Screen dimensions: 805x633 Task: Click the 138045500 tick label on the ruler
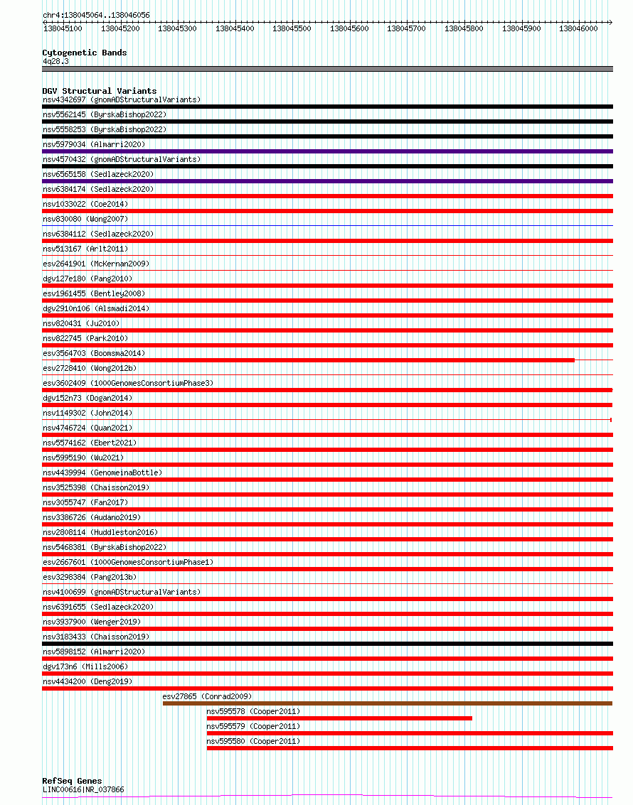(x=292, y=28)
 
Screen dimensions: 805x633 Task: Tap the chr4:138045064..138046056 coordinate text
(x=96, y=15)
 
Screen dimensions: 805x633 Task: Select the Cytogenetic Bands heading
(x=84, y=53)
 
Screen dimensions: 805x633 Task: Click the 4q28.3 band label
(x=55, y=61)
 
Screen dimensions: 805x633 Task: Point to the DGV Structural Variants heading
(x=99, y=91)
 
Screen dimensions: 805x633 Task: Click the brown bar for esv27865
(x=387, y=703)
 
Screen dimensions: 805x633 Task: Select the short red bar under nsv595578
(x=339, y=718)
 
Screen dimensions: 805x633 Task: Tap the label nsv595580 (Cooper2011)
(x=253, y=741)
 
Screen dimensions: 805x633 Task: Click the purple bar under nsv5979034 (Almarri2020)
(x=327, y=151)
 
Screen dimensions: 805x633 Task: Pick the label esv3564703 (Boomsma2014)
(x=93, y=353)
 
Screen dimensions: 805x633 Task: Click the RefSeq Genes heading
(x=72, y=781)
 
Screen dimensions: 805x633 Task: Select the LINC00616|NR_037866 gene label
(x=83, y=789)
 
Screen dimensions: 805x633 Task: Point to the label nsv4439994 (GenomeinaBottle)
(x=102, y=472)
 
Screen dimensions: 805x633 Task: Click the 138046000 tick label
(x=578, y=28)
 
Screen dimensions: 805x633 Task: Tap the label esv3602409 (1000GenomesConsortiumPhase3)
(x=127, y=383)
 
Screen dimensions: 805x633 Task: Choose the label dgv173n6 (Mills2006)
(x=86, y=666)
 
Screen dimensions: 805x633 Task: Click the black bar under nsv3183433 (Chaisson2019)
(x=327, y=644)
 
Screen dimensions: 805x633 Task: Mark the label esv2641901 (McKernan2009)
(x=95, y=264)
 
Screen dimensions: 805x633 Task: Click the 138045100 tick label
(x=63, y=28)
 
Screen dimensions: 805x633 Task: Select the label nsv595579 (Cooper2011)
(x=253, y=726)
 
